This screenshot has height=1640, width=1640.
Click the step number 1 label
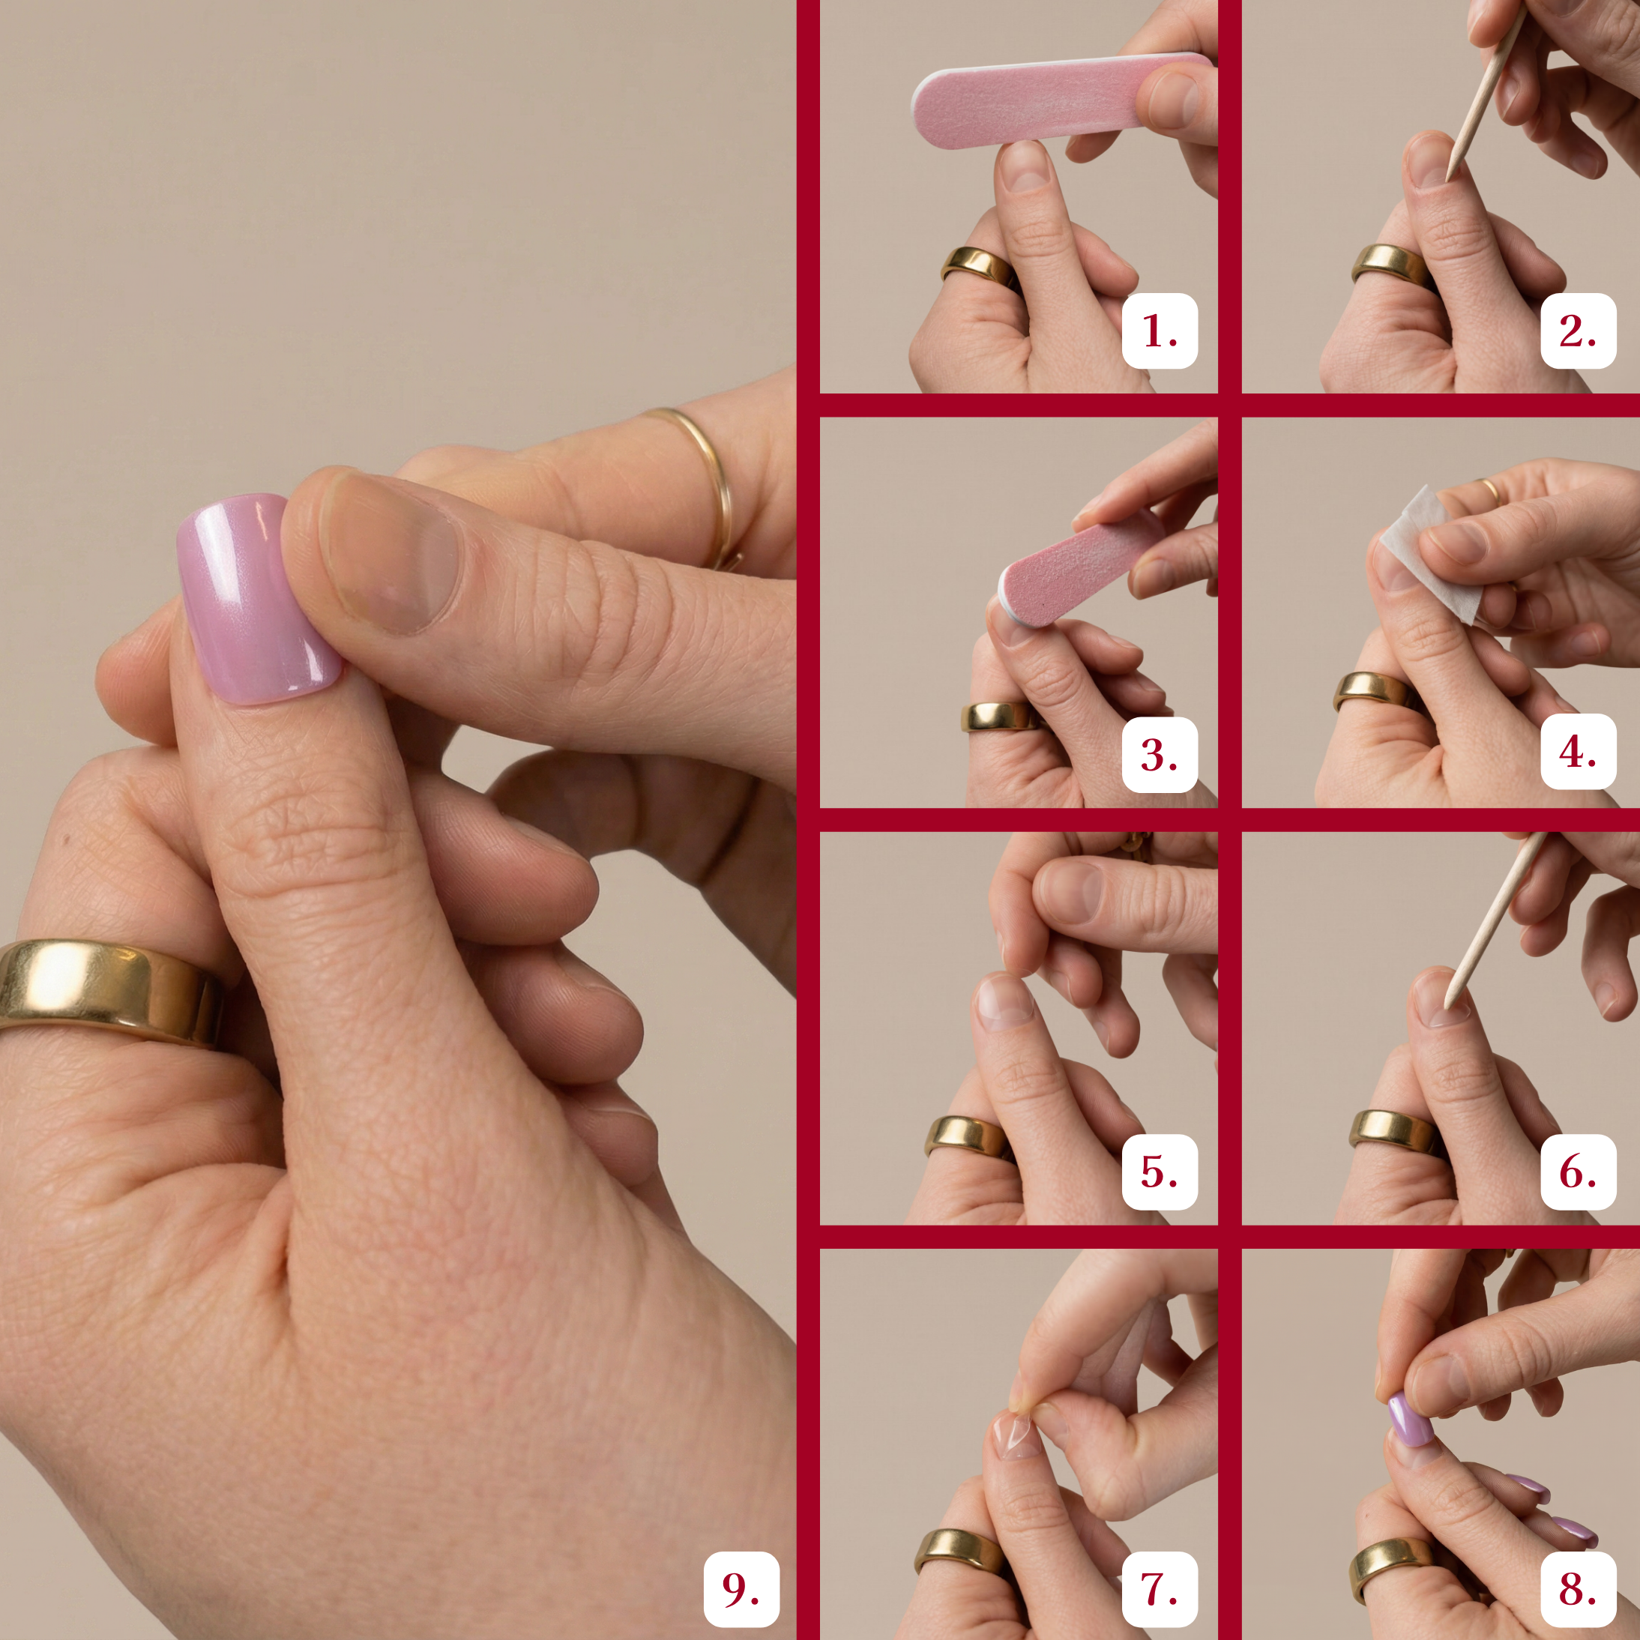pyautogui.click(x=1160, y=331)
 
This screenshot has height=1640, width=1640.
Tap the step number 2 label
pyautogui.click(x=1578, y=331)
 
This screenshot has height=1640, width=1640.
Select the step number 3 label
pyautogui.click(x=1160, y=755)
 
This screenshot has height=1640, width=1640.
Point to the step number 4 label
pyautogui.click(x=1578, y=751)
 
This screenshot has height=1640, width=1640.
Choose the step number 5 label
pyautogui.click(x=1160, y=1172)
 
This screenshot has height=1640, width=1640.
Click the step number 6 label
pyautogui.click(x=1578, y=1172)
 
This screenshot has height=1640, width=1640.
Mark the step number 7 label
pyautogui.click(x=1160, y=1589)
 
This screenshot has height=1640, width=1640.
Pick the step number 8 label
pyautogui.click(x=1578, y=1589)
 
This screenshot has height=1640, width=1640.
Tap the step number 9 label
pyautogui.click(x=741, y=1589)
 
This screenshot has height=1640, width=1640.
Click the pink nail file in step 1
pyautogui.click(x=1061, y=100)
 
